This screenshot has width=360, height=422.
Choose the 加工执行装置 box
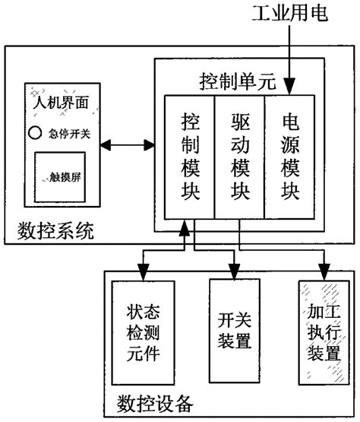pos(324,332)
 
